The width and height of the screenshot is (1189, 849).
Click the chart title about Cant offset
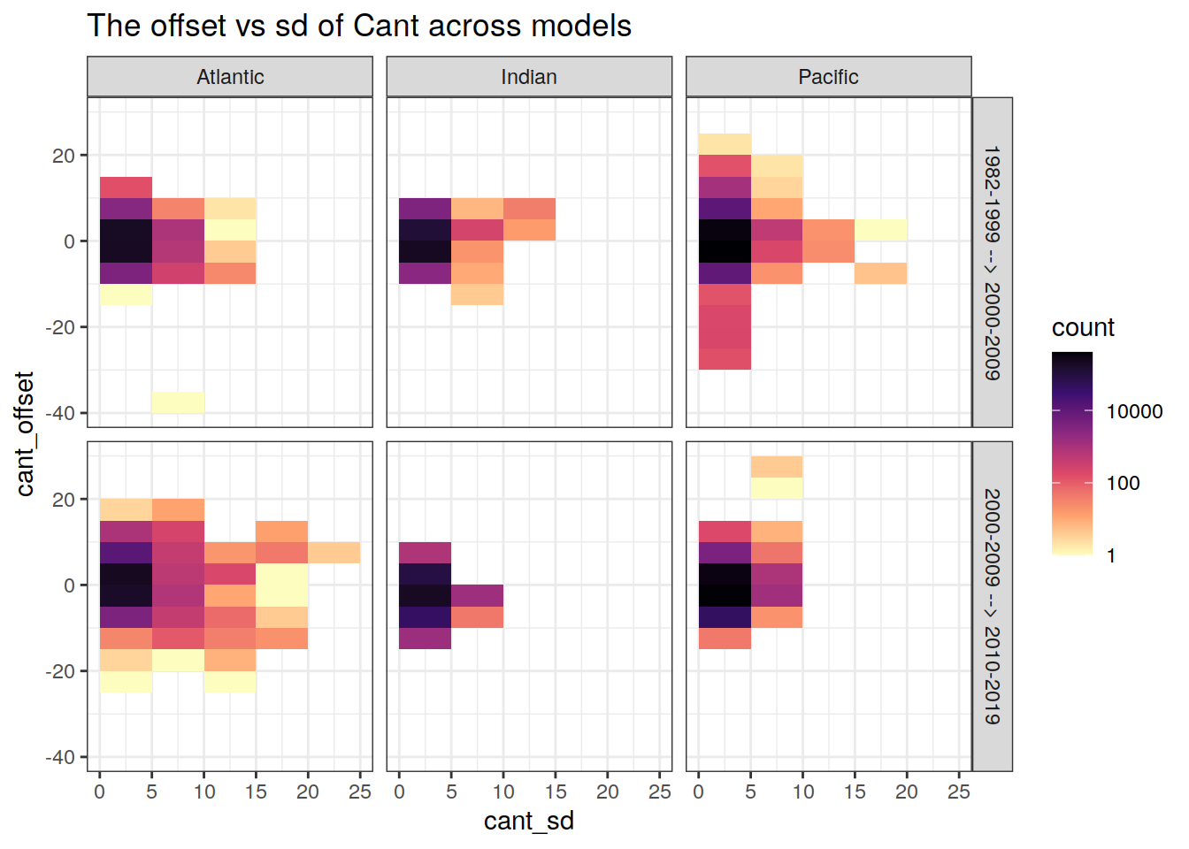tap(359, 26)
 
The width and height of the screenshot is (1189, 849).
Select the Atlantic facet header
tap(230, 77)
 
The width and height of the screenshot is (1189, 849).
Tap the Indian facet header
tap(529, 77)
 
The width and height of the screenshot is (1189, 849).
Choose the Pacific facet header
tap(828, 77)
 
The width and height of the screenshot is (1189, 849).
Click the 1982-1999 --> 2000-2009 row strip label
tap(993, 263)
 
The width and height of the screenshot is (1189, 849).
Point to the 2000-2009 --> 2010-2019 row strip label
tap(993, 606)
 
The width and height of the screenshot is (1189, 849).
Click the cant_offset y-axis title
tap(25, 433)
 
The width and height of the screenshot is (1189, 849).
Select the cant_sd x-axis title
tap(529, 821)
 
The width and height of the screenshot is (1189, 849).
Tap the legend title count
tap(1083, 328)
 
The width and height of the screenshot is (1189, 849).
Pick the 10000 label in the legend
tap(1134, 411)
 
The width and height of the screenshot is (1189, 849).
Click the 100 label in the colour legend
tap(1123, 483)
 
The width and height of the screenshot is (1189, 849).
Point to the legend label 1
tap(1111, 555)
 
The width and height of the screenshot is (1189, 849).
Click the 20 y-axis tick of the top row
tap(64, 155)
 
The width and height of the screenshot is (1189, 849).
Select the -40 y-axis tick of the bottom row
tap(60, 757)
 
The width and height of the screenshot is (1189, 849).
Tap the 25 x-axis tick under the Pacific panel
tap(959, 792)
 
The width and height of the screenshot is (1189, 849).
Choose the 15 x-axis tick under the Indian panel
tap(556, 792)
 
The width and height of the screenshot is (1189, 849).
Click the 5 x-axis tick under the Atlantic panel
tap(151, 792)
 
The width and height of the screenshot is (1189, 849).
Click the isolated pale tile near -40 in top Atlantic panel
tap(178, 402)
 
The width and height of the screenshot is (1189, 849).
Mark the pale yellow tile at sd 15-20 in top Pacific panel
tap(880, 230)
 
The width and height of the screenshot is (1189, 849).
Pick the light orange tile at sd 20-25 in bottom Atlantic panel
tap(334, 553)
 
